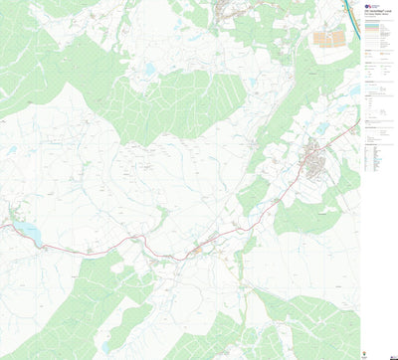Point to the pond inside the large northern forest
(x=149, y=71)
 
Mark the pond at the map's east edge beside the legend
(x=354, y=91)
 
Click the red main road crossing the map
(x=129, y=241)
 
